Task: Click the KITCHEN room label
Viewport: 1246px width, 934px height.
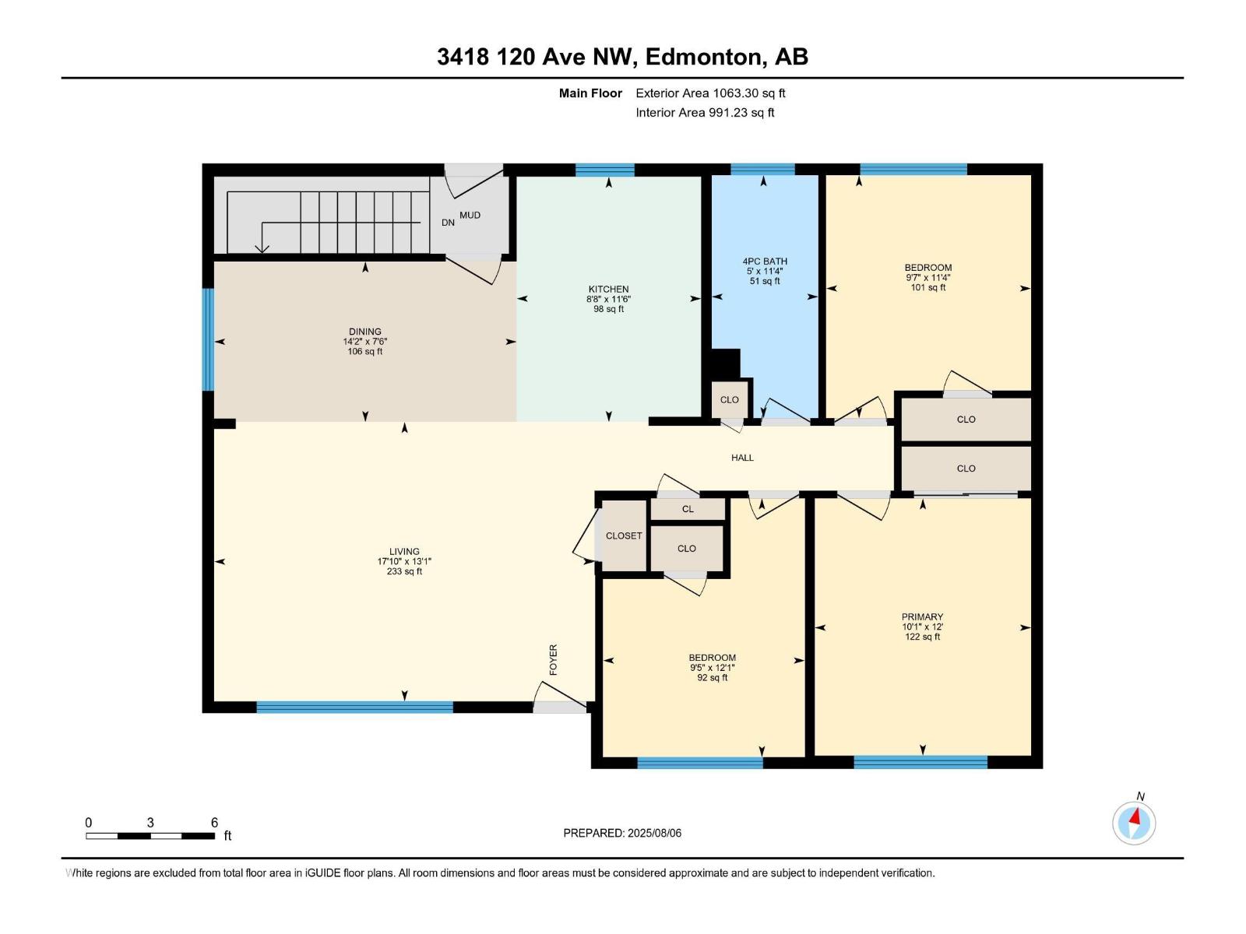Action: (x=608, y=289)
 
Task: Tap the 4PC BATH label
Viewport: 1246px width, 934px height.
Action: (x=765, y=262)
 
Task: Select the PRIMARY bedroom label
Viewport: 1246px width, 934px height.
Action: (x=922, y=616)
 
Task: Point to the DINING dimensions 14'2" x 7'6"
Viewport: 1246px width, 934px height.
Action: (x=365, y=342)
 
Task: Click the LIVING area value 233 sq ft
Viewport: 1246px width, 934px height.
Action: (x=404, y=571)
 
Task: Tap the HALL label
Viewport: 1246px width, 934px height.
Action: (x=742, y=458)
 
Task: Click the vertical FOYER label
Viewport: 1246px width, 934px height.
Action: (x=554, y=659)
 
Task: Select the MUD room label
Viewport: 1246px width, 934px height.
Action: (x=470, y=215)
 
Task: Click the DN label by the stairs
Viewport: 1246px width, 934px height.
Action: (x=448, y=223)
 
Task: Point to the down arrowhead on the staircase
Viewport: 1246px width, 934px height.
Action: (x=262, y=248)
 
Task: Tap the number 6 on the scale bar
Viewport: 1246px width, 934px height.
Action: (x=214, y=823)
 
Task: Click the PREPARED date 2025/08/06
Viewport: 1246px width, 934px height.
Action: (x=654, y=833)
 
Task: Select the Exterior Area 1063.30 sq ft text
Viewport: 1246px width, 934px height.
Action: (x=710, y=93)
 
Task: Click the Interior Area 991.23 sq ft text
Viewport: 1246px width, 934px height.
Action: (x=705, y=113)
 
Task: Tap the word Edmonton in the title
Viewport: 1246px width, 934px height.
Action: (x=704, y=57)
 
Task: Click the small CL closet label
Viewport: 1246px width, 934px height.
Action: (x=688, y=509)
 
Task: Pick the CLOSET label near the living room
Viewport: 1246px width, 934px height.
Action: (x=624, y=535)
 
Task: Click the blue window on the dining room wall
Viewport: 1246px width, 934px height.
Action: (x=208, y=339)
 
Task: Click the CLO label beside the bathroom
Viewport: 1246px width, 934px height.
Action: (x=729, y=400)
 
